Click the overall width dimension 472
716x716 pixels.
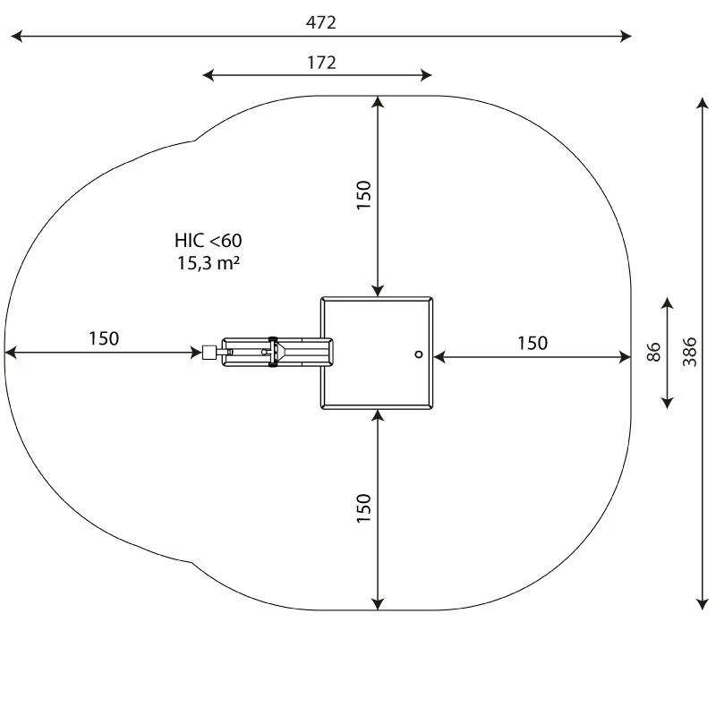pyautogui.click(x=320, y=23)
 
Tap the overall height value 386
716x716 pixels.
pyautogui.click(x=690, y=352)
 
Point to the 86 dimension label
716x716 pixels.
pyautogui.click(x=653, y=352)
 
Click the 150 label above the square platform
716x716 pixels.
pyautogui.click(x=363, y=195)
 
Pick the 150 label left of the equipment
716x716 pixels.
pyautogui.click(x=103, y=338)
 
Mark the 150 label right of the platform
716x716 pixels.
pyautogui.click(x=532, y=343)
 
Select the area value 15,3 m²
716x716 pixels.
pyautogui.click(x=208, y=263)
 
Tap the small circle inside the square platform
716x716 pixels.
pyautogui.click(x=418, y=354)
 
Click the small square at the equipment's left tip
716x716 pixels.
pyautogui.click(x=210, y=353)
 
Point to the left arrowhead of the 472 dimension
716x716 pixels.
pyautogui.click(x=15, y=37)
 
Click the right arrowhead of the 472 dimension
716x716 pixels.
pyautogui.click(x=626, y=37)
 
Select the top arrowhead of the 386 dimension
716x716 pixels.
pyautogui.click(x=703, y=102)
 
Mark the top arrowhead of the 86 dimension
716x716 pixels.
pyautogui.click(x=667, y=303)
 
